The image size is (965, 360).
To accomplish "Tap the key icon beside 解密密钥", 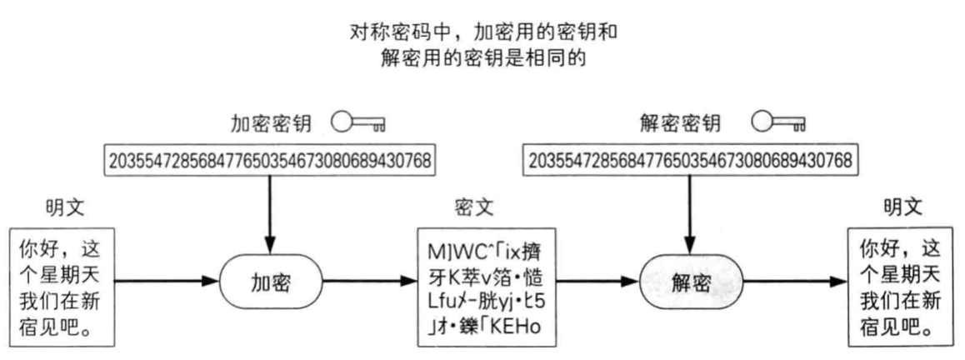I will [x=777, y=124].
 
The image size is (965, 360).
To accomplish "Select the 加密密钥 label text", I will [x=271, y=124].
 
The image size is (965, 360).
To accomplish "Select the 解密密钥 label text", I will [x=676, y=124].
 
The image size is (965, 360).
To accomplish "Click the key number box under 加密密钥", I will [x=270, y=160].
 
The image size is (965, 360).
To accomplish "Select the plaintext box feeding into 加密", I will [x=63, y=286].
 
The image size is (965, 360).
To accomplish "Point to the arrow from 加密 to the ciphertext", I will [x=369, y=283].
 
